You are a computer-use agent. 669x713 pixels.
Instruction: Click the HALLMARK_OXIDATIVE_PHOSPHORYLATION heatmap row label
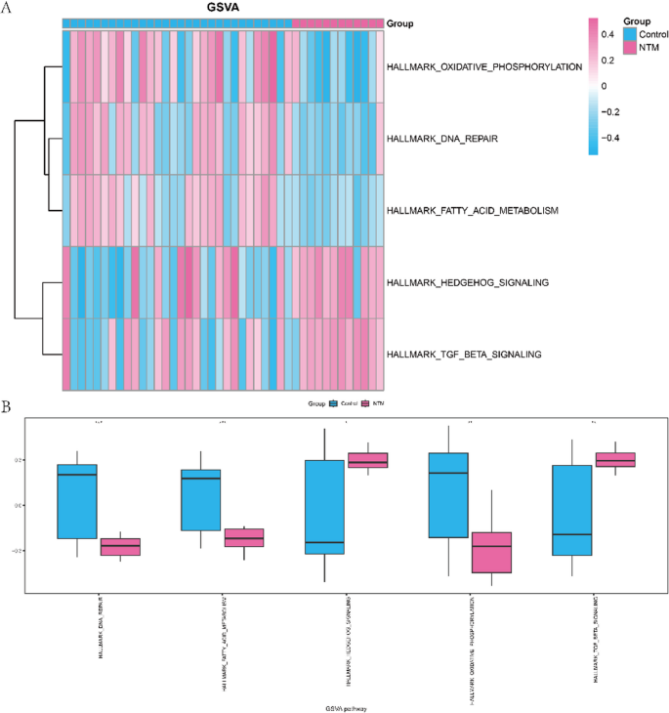point(484,67)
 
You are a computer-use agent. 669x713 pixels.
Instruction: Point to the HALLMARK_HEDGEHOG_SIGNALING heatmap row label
point(468,282)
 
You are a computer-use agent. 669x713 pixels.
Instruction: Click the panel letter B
point(7,402)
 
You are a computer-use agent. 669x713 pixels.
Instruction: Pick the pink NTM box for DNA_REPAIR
point(121,547)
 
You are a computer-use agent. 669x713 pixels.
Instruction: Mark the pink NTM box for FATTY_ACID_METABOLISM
point(244,537)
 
